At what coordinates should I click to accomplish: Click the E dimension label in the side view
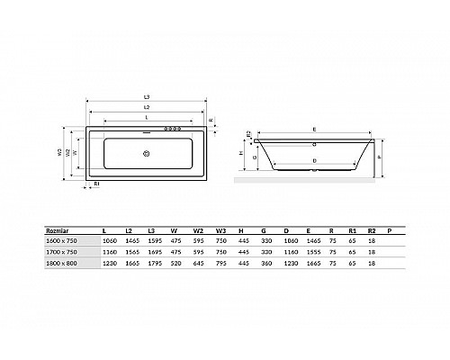click(314, 128)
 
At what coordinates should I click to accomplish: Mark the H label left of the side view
click(242, 153)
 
